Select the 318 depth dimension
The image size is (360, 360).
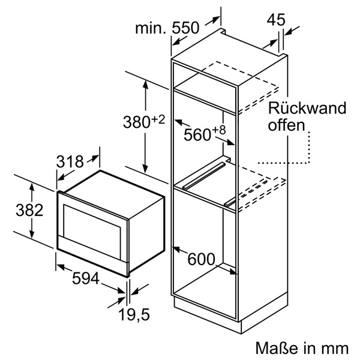(70, 162)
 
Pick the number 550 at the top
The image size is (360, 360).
(185, 28)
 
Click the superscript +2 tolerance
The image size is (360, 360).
(157, 118)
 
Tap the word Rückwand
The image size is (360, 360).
(307, 109)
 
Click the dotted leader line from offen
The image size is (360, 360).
(308, 147)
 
